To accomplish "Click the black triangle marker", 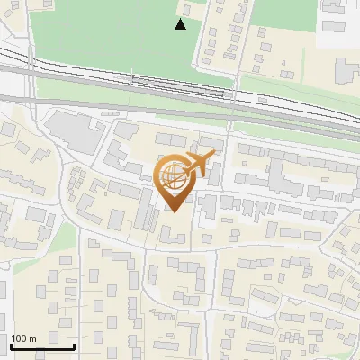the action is coord(181,24).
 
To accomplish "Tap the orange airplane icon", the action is coord(198,164).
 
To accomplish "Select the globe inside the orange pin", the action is coord(174,178).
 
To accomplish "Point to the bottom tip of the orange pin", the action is coord(174,211).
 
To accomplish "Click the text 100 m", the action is coord(23,338).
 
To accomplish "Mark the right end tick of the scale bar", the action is coord(74,343).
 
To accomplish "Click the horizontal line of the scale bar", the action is coord(41,346).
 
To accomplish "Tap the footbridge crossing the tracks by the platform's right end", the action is coord(231,93).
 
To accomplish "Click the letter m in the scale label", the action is coord(31,338).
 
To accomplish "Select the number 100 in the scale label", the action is coord(19,338).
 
